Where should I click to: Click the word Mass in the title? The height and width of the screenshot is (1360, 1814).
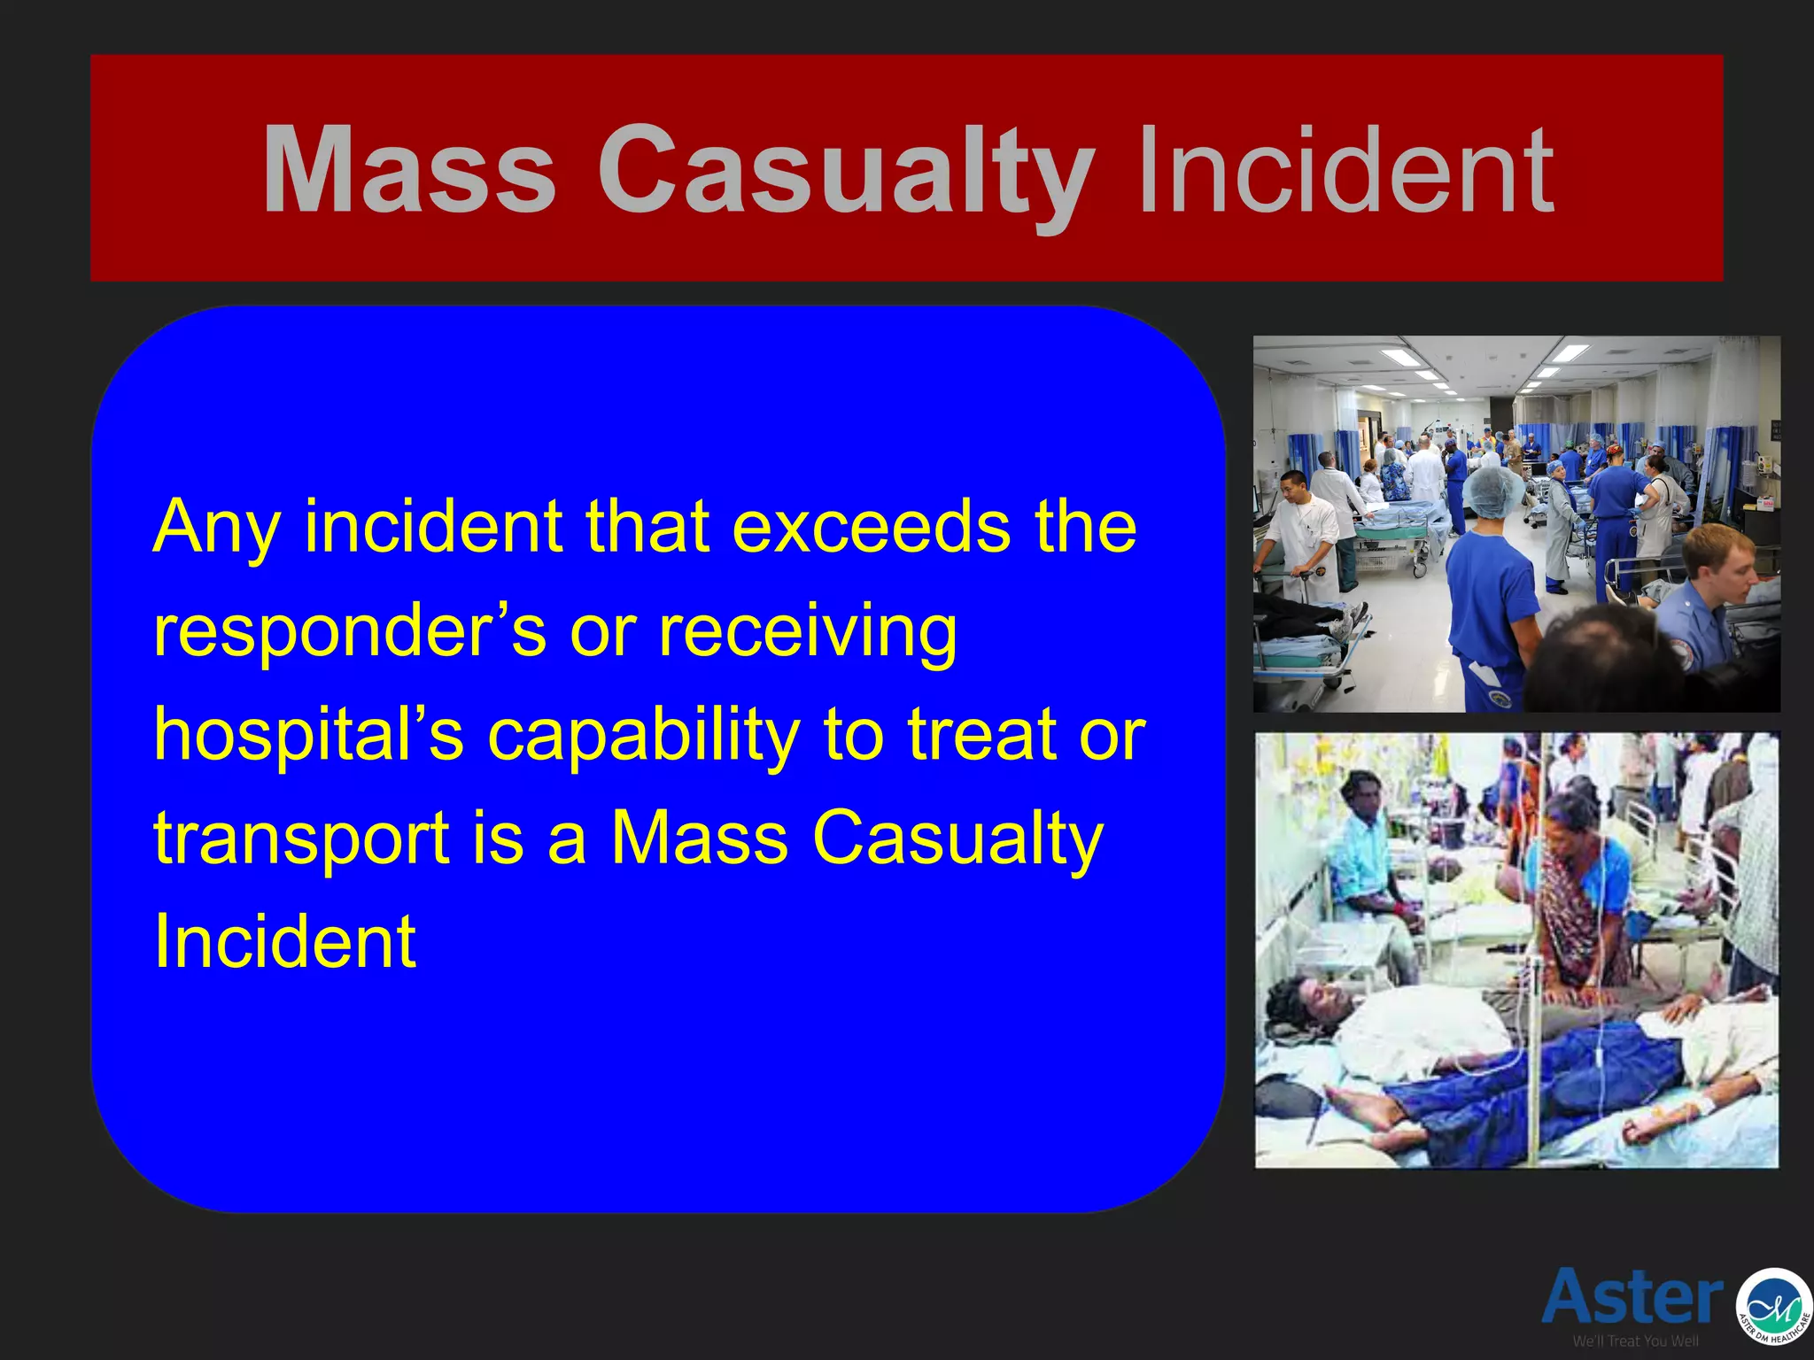(x=409, y=170)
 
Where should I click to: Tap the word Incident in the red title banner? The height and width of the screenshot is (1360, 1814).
(x=1345, y=170)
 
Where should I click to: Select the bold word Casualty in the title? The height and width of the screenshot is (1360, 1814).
(x=846, y=170)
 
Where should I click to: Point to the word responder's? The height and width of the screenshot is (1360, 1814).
(x=349, y=632)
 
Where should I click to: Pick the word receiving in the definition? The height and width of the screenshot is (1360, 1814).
(x=807, y=632)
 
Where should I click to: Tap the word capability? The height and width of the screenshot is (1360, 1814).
(x=644, y=735)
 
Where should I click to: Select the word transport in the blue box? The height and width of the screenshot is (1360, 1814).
(x=301, y=839)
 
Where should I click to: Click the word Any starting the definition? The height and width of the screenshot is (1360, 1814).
(x=216, y=529)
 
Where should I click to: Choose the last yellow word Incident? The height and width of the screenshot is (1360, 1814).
(x=284, y=941)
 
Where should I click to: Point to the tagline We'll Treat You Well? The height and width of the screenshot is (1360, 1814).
(x=1635, y=1341)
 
